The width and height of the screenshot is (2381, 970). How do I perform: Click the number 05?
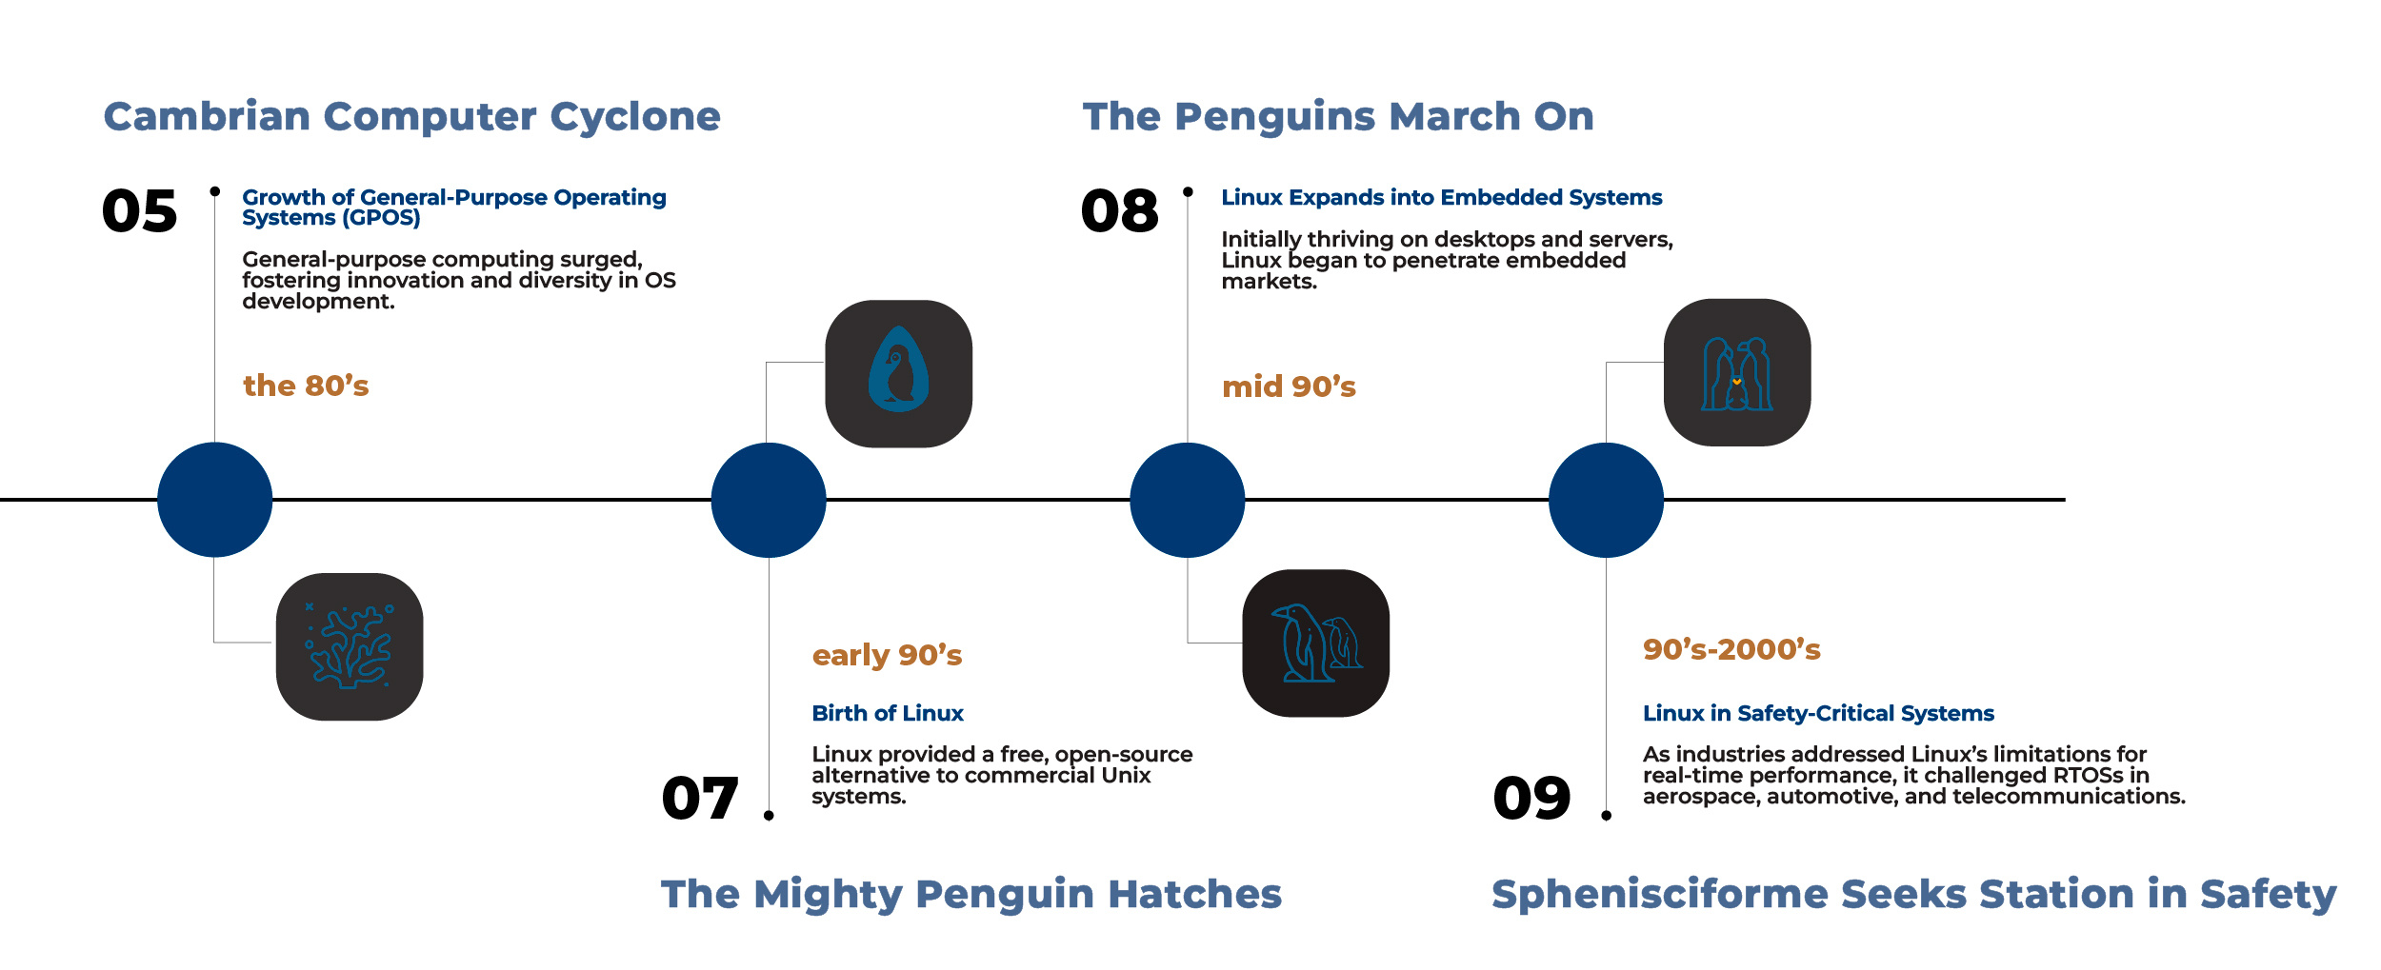point(139,210)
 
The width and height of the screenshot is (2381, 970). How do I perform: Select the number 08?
point(1119,210)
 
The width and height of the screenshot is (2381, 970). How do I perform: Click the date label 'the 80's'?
point(306,386)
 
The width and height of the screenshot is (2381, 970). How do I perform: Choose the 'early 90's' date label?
point(887,655)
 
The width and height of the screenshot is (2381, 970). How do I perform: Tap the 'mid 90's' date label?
point(1289,386)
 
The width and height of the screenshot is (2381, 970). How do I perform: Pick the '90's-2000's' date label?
point(1731,649)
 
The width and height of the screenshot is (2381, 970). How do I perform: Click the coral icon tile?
point(350,646)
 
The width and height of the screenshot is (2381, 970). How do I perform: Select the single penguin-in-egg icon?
point(898,373)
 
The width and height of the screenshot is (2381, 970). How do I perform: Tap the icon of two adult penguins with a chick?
point(1736,372)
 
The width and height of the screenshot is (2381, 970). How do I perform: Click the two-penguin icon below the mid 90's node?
point(1315,643)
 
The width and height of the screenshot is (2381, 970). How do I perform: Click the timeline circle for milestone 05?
point(215,500)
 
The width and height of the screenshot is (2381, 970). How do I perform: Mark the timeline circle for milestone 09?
point(1606,500)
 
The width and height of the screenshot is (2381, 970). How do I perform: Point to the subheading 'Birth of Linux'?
point(887,713)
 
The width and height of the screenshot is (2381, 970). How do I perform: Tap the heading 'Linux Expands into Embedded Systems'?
point(1441,197)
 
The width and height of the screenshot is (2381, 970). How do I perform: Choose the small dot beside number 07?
point(769,815)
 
